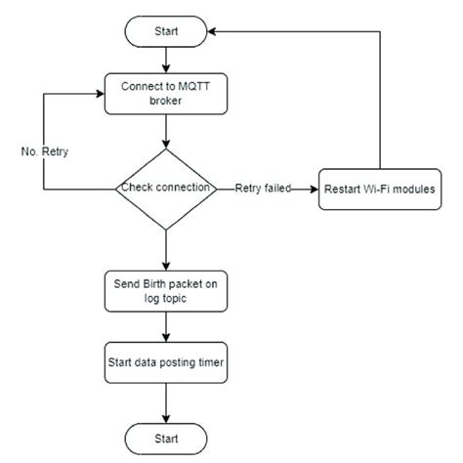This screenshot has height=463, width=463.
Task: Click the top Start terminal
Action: point(166,32)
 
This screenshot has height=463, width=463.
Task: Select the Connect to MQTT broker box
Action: point(166,94)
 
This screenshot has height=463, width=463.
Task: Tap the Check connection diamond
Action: point(166,188)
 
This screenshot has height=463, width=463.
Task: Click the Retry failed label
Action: point(264,188)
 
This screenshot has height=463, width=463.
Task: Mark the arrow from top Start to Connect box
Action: point(166,61)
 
